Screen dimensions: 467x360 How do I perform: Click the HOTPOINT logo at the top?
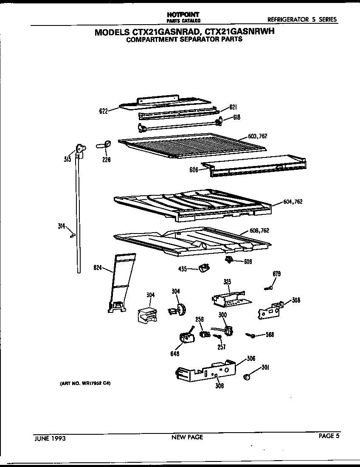coord(183,14)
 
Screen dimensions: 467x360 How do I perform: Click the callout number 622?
coord(103,111)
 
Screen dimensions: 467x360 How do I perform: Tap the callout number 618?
coord(236,118)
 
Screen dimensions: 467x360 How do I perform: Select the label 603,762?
coord(258,136)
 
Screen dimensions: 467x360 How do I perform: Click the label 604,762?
coord(292,202)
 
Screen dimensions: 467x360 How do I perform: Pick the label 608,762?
coord(259,231)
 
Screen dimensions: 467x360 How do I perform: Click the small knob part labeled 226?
coord(106,144)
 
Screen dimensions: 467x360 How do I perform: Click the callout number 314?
coord(61,226)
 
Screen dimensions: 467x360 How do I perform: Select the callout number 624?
coord(97,267)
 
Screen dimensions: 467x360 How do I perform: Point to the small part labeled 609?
coord(229,260)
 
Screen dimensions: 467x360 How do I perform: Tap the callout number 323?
coord(227,281)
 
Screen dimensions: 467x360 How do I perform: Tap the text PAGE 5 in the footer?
coord(329,435)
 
